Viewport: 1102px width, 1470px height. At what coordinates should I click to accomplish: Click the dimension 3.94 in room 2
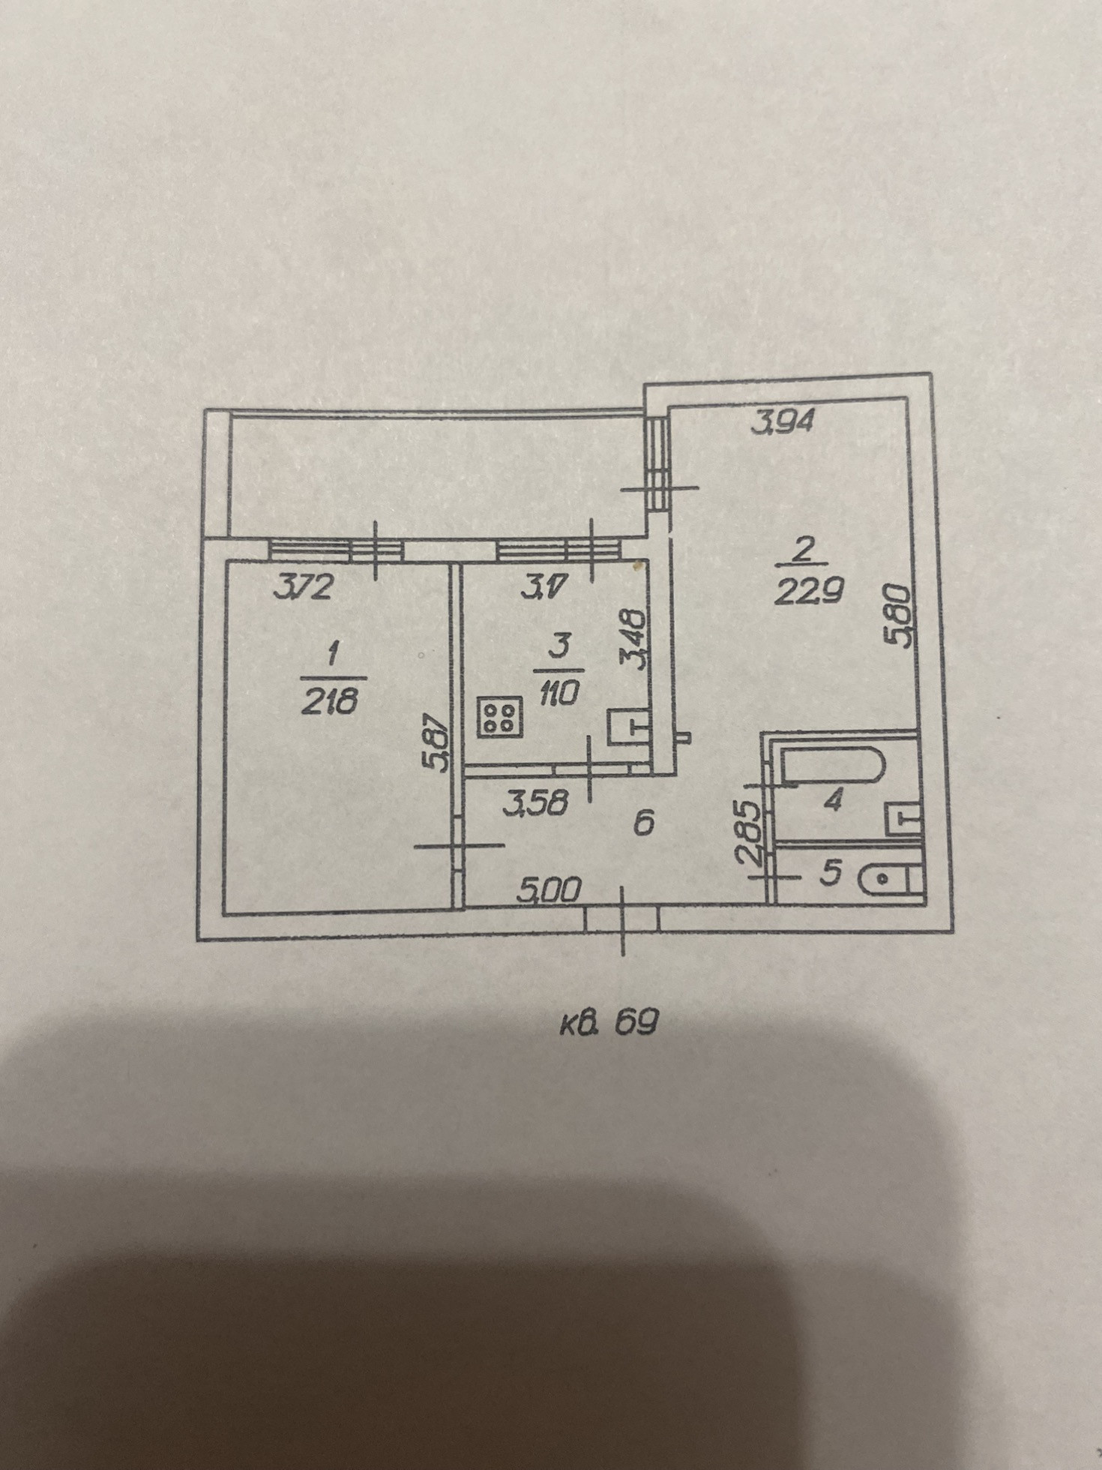(x=783, y=424)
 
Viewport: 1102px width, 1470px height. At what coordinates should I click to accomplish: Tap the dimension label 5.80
(x=898, y=616)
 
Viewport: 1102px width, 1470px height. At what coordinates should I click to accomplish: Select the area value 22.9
(x=809, y=592)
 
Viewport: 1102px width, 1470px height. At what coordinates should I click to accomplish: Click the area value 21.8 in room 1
(x=331, y=701)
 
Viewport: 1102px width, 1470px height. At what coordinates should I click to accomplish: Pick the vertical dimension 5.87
(x=437, y=745)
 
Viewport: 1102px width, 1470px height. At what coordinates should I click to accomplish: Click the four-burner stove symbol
(x=499, y=716)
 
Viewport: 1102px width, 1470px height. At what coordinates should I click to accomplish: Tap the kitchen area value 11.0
(x=558, y=694)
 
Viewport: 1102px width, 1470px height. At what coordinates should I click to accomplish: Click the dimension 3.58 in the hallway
(x=537, y=803)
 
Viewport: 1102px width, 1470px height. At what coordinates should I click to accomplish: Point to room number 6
(x=643, y=824)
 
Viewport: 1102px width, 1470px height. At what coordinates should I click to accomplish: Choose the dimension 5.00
(x=549, y=890)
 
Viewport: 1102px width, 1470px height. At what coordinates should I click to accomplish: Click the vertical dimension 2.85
(x=750, y=833)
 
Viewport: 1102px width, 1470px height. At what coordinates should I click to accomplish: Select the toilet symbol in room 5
(x=891, y=879)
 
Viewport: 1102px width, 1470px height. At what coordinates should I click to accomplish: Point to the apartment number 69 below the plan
(x=636, y=1021)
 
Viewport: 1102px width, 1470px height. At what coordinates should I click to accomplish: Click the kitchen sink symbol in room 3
(x=627, y=726)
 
